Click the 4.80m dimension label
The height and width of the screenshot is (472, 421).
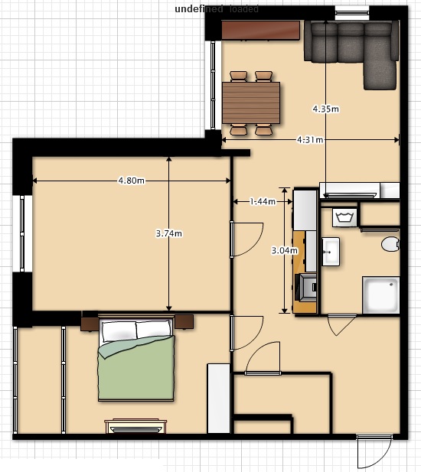[131, 181]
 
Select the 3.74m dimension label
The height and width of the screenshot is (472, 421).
[168, 233]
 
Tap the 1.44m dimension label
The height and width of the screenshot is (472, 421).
[263, 201]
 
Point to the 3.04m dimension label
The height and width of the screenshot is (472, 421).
[285, 250]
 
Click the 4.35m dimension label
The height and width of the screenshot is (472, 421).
[325, 109]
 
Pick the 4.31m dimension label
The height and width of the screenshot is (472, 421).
[309, 140]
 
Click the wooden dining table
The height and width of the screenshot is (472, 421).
[251, 103]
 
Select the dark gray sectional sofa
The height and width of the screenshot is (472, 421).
[352, 47]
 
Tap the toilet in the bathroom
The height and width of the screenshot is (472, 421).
[390, 245]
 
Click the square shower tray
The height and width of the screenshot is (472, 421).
[380, 295]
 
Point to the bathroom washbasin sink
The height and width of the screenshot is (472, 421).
[331, 250]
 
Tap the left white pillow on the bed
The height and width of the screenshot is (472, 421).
[119, 330]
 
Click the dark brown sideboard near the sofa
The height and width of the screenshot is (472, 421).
[260, 30]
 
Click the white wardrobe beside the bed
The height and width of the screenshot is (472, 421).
[219, 398]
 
